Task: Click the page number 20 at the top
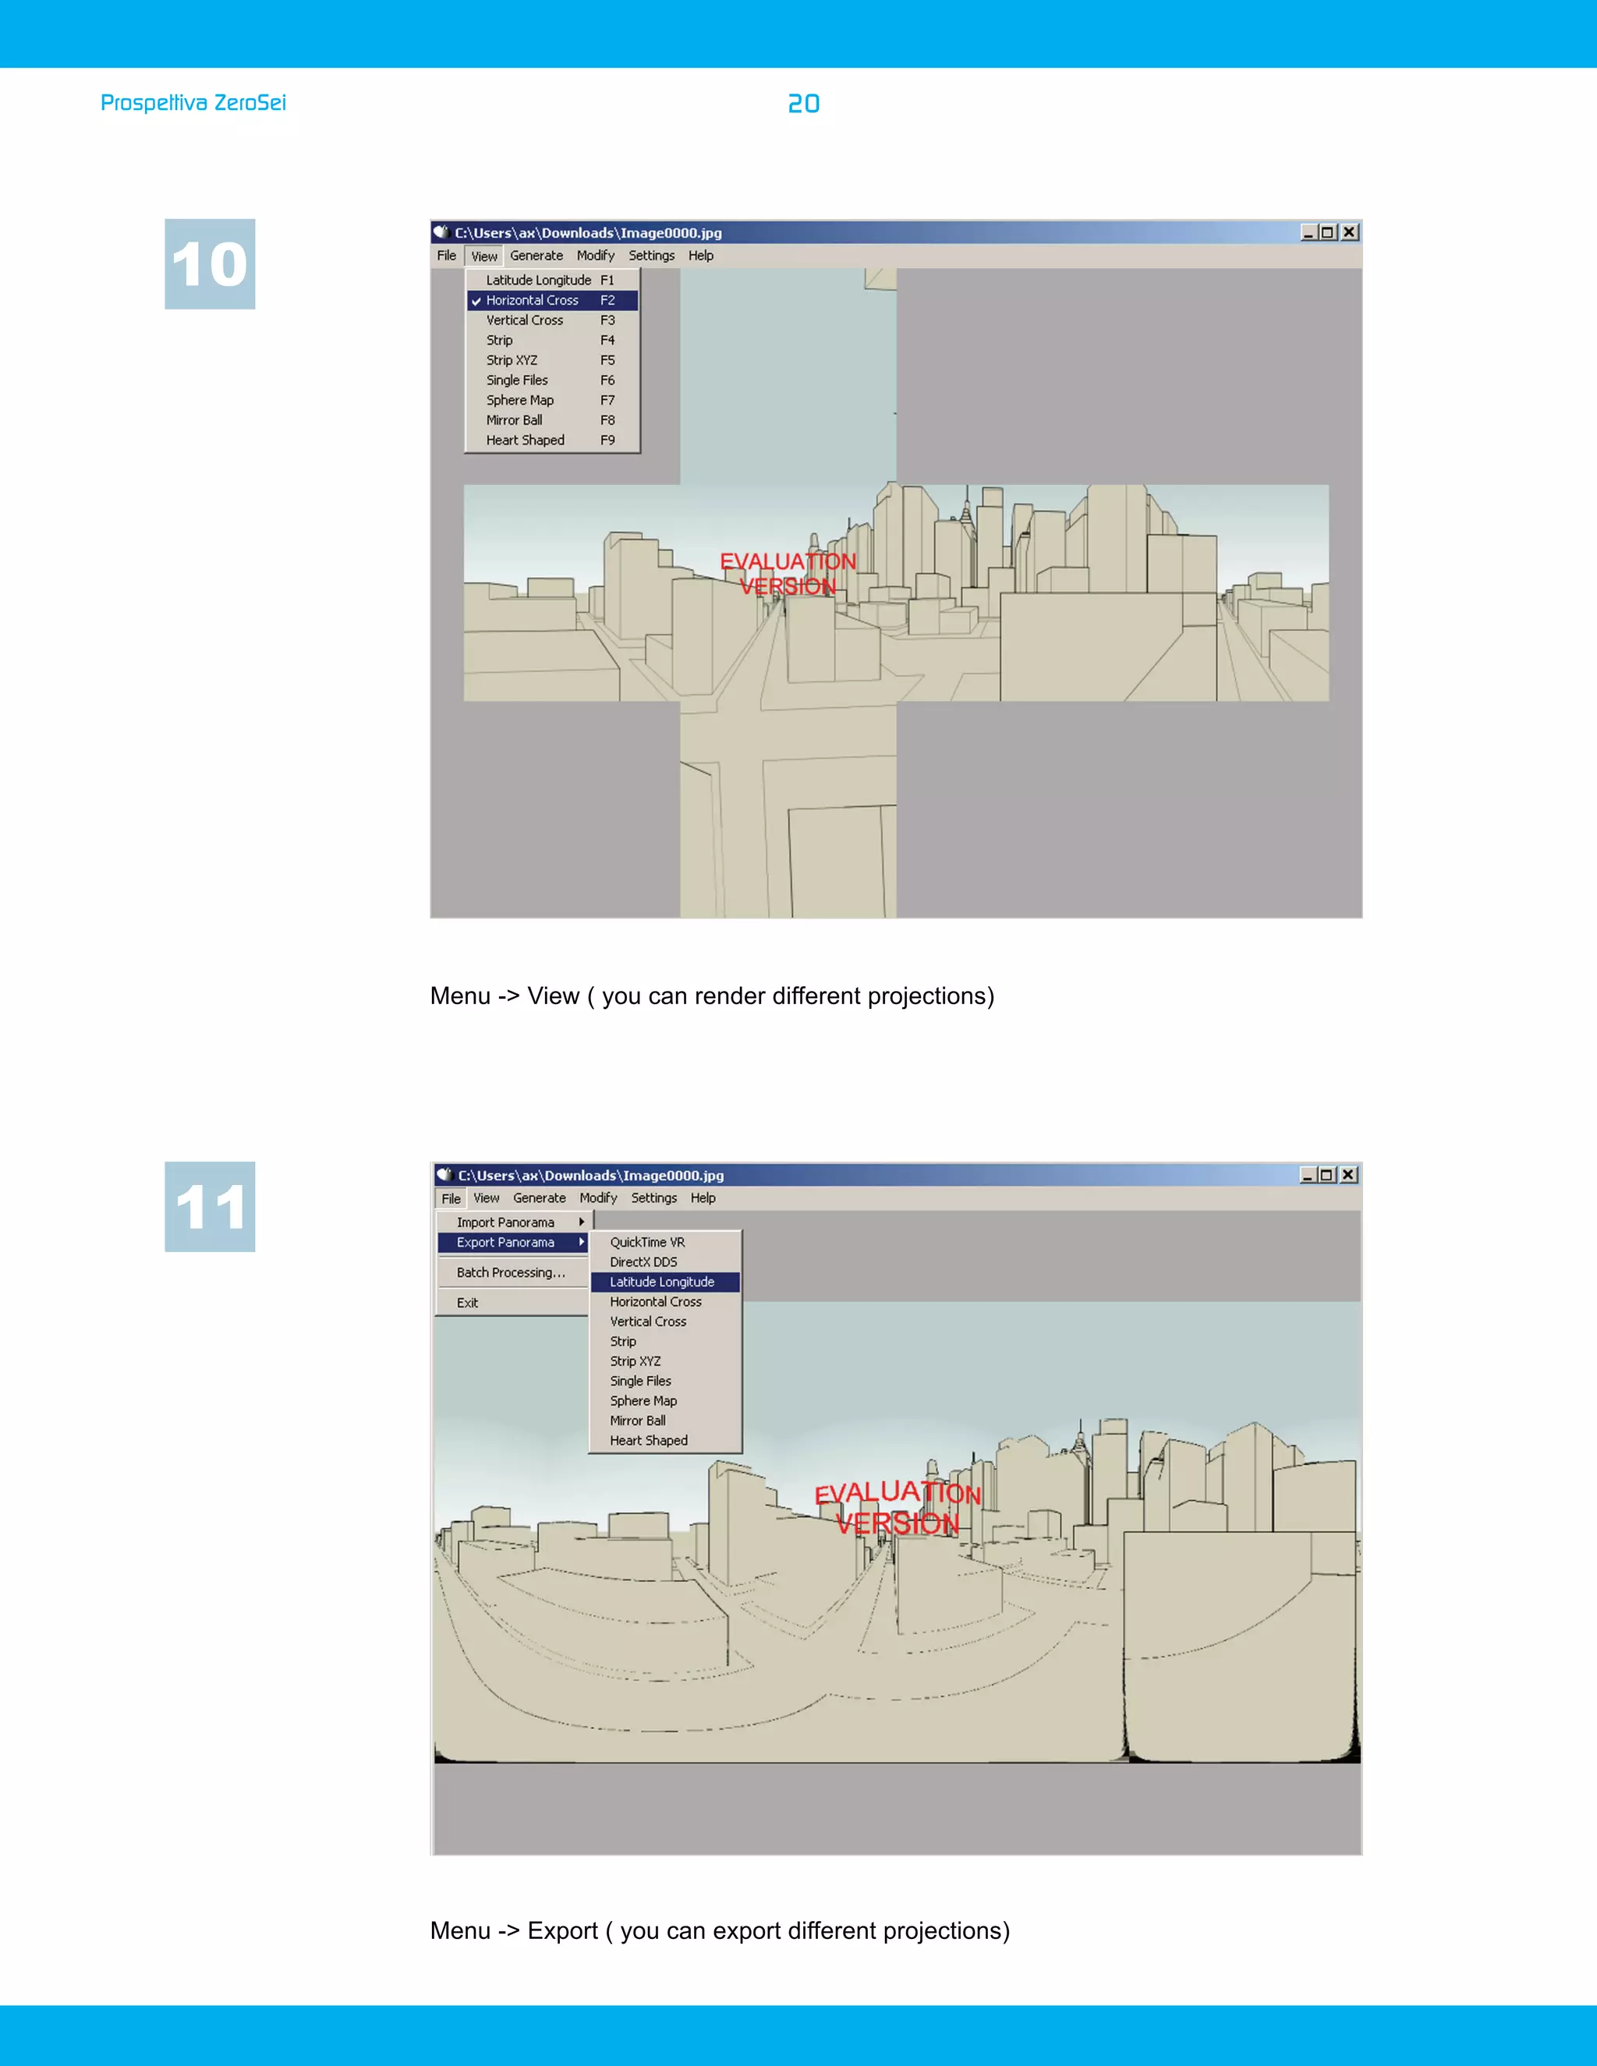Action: click(x=803, y=104)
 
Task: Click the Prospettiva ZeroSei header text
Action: click(x=193, y=103)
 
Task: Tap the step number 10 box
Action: click(x=210, y=264)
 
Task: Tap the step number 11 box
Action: click(x=210, y=1206)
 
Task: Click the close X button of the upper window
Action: click(x=1349, y=232)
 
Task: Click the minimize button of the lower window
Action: click(x=1308, y=1175)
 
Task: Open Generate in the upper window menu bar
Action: click(x=536, y=256)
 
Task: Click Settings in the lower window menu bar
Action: click(x=653, y=1198)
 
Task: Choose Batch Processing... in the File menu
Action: click(x=511, y=1272)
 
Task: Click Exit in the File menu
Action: click(x=467, y=1303)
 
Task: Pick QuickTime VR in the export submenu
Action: click(x=647, y=1242)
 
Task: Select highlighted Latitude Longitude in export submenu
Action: click(x=662, y=1282)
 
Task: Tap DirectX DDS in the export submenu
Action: click(x=643, y=1262)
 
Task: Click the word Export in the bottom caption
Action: click(x=562, y=1930)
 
